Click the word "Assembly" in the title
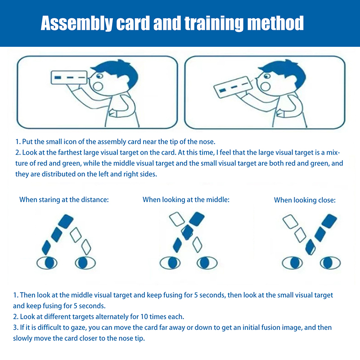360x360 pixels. tap(76, 23)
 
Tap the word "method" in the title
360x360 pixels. tap(275, 23)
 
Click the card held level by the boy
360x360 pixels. tap(69, 77)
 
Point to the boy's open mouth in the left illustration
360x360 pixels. tap(98, 86)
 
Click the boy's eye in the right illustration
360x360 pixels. tap(267, 76)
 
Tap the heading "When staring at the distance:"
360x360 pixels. tap(64, 200)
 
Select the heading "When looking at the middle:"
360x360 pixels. tap(186, 200)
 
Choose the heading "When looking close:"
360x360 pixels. tap(305, 200)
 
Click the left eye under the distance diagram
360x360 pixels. tap(47, 263)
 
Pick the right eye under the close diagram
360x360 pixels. tap(330, 263)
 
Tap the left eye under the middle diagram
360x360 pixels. tap(170, 263)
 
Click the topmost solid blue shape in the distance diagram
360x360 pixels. tap(66, 221)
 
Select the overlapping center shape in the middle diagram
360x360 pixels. tap(187, 232)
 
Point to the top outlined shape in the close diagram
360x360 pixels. tap(290, 221)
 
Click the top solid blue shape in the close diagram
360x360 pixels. tap(329, 221)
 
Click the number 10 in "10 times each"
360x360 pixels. tap(144, 317)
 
